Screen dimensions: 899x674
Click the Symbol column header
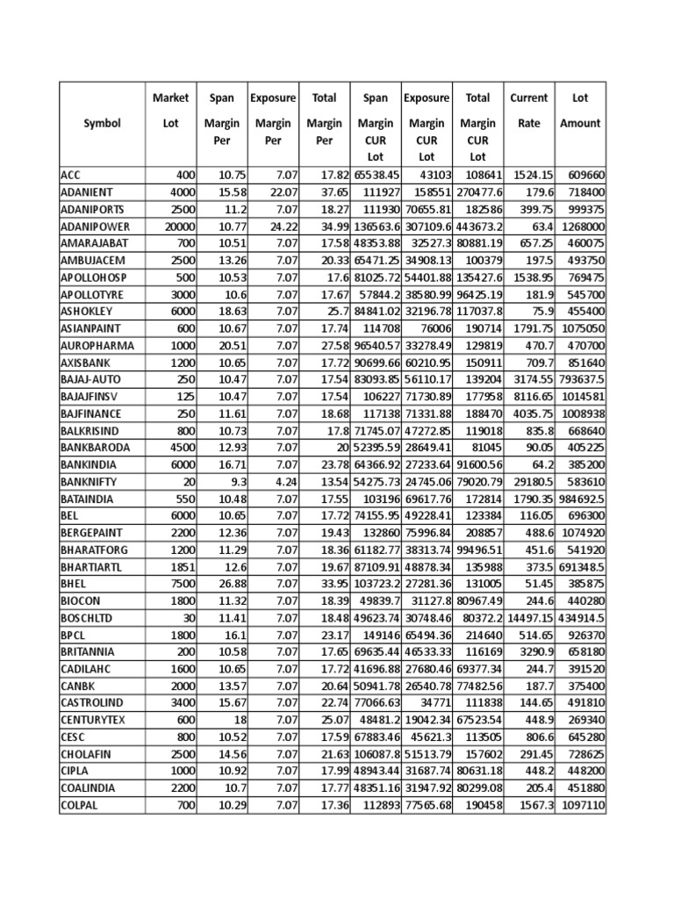click(103, 124)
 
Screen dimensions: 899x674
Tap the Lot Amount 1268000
click(580, 227)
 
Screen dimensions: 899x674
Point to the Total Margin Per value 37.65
click(333, 192)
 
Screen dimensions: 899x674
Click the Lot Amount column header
click(580, 111)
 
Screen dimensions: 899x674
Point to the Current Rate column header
click(529, 111)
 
